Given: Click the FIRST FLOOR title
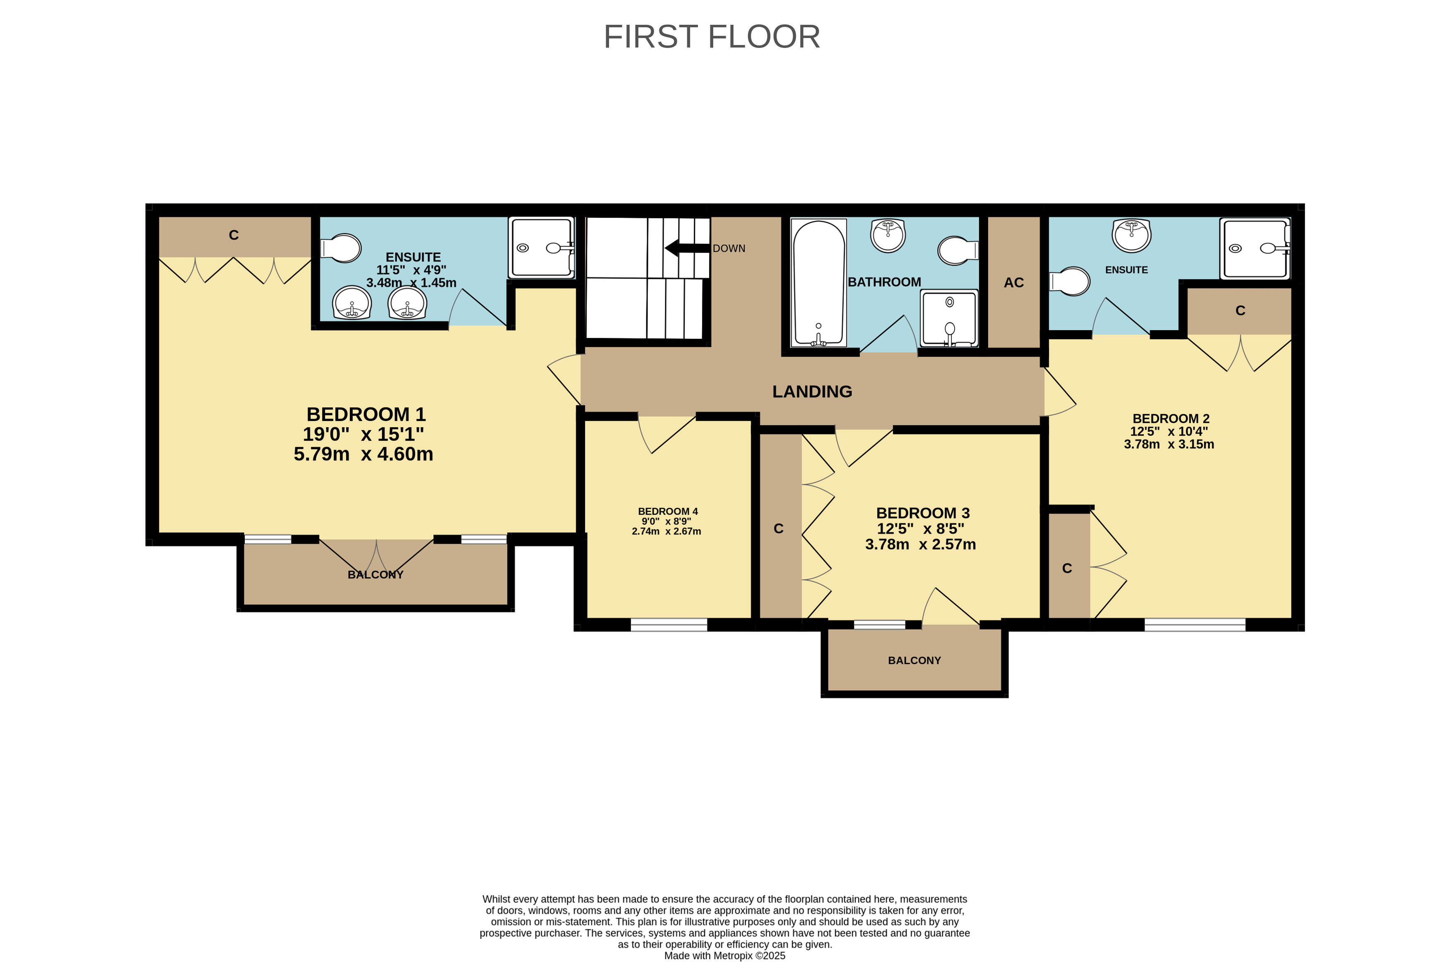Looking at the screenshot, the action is point(712,37).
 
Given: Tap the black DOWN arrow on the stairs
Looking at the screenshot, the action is point(687,248).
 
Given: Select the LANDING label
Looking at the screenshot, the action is point(812,391).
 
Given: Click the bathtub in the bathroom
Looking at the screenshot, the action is point(819,283).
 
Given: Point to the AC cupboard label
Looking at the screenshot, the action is point(1013,283).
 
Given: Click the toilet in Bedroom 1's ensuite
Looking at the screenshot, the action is point(341,248).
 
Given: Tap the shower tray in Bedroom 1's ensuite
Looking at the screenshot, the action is point(542,247).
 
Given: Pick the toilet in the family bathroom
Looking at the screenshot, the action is point(958,250).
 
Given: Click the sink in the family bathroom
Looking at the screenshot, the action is point(888,236).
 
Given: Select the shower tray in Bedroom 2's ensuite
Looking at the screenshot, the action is point(1255,248).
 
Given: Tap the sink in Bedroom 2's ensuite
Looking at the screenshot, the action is point(1131,236).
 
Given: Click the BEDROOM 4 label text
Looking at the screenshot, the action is point(667,511).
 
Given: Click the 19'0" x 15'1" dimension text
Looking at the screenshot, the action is point(363,434).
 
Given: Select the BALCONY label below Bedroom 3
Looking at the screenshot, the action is point(914,660).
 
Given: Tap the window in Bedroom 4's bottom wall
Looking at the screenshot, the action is point(669,624).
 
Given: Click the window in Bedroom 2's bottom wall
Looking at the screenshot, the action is point(1194,624).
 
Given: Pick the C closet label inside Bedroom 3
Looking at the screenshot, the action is point(779,529).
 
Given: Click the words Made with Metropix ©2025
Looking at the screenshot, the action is point(724,955).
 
